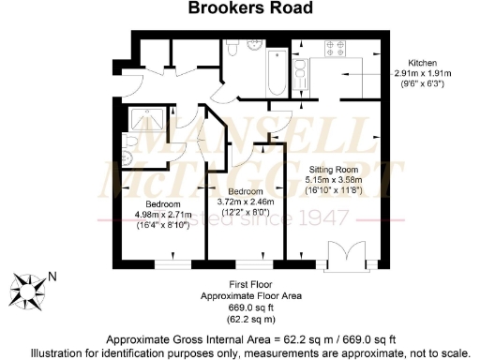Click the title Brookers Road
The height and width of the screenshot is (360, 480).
point(239,11)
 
